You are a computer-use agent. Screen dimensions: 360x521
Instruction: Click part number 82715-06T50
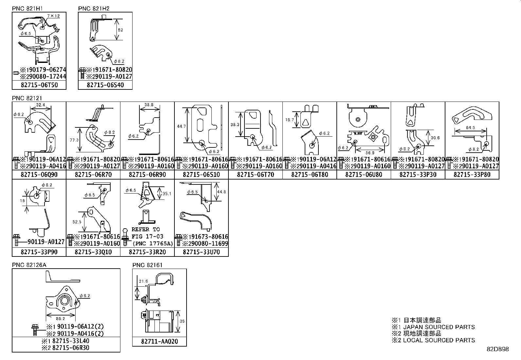coord(39,85)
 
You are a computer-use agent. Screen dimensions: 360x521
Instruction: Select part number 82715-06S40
coord(105,85)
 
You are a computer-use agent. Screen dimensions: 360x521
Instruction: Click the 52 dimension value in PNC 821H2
coord(120,30)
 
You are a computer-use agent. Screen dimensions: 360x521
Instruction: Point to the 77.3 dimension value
coord(74,140)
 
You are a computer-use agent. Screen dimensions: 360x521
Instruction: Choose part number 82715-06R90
coord(147,175)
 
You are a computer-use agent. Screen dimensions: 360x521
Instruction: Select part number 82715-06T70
coord(255,175)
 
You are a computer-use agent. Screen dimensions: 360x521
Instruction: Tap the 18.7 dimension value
coord(289,120)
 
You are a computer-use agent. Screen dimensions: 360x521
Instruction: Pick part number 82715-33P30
coord(418,175)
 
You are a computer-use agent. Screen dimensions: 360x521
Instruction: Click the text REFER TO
coord(146,229)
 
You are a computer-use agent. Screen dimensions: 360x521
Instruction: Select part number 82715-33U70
coord(201,252)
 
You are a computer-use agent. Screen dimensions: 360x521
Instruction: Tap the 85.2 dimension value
coord(61,318)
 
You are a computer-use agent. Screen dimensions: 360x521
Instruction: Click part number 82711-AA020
coord(159,342)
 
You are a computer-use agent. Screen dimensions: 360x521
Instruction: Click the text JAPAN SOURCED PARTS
coord(439,327)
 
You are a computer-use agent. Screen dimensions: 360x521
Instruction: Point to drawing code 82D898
coord(497,349)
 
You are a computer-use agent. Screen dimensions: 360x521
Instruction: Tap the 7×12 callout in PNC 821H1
coord(53,16)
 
